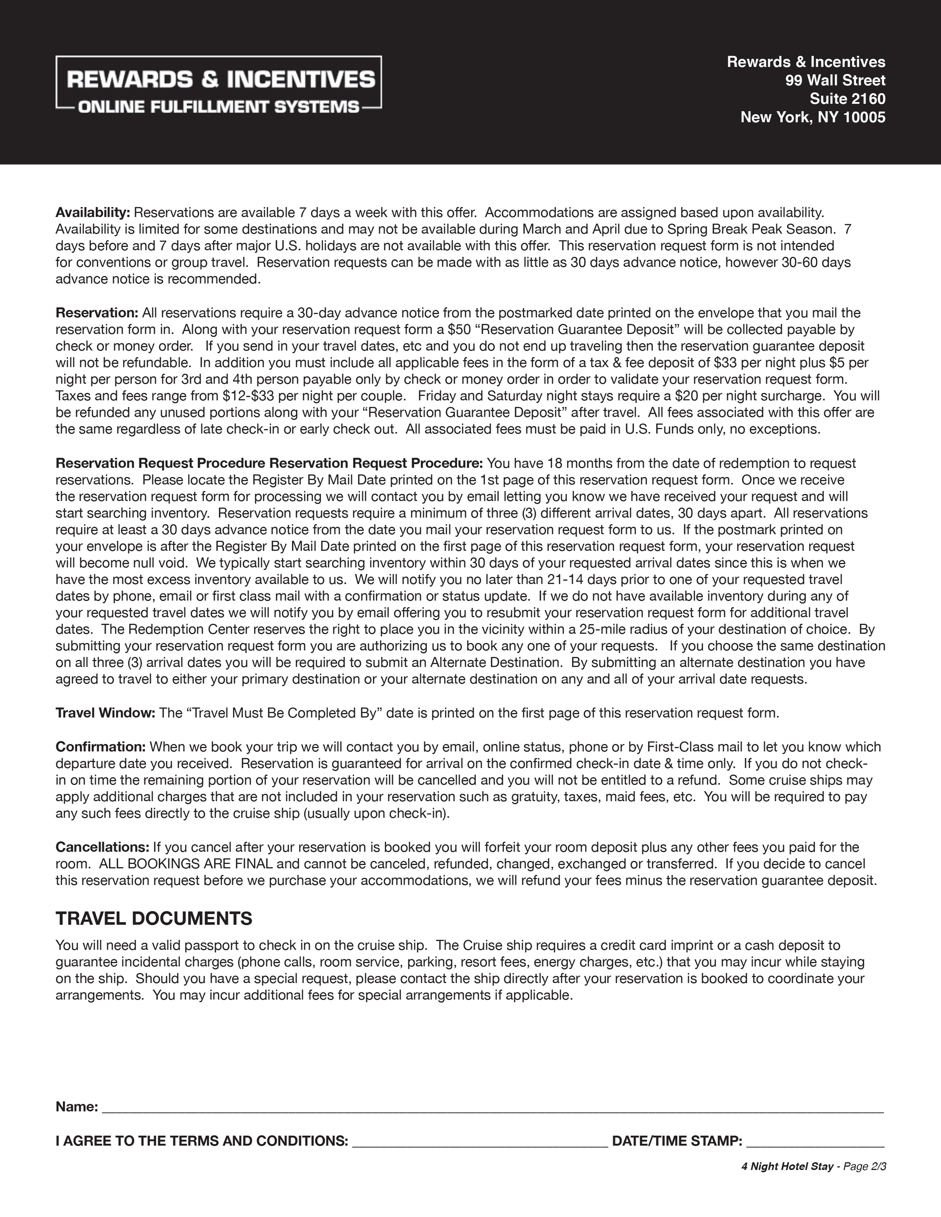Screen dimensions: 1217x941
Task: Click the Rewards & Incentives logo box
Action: [218, 82]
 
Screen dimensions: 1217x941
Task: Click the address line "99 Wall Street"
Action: [835, 80]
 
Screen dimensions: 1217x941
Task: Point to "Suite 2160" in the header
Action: [847, 99]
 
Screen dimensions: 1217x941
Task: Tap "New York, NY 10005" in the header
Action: [812, 117]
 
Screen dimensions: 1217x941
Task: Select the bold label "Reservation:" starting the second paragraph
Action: [97, 313]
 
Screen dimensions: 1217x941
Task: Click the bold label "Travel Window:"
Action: [105, 713]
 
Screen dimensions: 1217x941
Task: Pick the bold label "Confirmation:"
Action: [100, 747]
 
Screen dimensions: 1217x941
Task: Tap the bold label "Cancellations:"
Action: [102, 847]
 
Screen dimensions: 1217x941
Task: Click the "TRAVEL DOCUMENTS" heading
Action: [154, 918]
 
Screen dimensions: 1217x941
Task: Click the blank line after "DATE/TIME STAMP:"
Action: [815, 1141]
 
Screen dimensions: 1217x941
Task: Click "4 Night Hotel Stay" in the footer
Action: [787, 1167]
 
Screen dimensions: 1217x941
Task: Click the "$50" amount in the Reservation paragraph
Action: [459, 329]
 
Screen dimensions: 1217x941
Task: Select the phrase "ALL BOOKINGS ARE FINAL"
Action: [186, 864]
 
